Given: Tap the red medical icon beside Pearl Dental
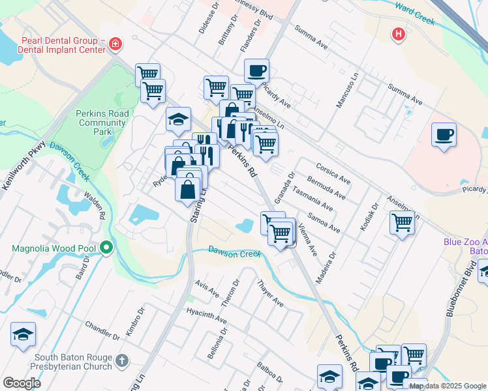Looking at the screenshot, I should point(115,44).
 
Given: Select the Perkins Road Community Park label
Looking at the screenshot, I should point(102,122).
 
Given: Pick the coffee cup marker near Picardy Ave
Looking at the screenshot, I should point(256,70).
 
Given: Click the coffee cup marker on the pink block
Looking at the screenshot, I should point(444,134).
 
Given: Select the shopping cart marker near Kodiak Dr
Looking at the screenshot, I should point(403,222).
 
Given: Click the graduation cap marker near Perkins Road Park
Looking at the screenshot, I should point(178,119).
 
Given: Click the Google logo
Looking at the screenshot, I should point(22,383).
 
